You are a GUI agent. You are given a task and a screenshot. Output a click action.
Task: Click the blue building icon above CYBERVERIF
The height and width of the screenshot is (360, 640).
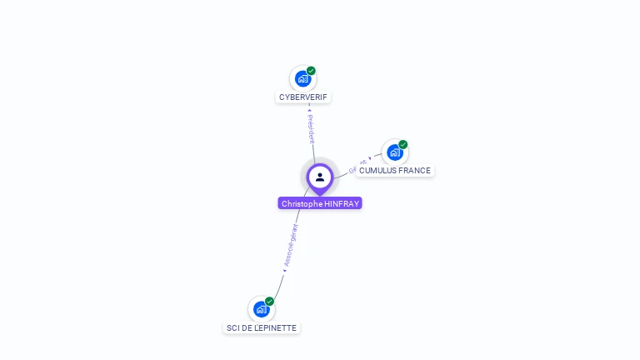coord(303,78)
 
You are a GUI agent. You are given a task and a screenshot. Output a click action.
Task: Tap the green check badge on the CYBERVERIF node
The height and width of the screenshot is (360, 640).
coord(311,71)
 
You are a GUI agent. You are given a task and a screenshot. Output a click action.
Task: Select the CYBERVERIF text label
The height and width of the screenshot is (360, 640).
coord(303,97)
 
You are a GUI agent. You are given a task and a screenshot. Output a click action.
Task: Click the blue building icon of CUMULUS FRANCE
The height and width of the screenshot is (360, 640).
coord(395,152)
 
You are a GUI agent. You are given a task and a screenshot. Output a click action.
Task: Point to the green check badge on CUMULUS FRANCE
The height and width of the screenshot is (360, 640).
coord(402,145)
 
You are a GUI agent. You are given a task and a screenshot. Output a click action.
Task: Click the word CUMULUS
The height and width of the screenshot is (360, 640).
coord(377,171)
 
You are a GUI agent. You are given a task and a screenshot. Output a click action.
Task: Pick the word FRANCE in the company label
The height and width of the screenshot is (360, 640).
coord(414,171)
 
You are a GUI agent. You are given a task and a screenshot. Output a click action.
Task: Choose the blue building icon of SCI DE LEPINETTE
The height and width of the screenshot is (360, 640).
coord(262,309)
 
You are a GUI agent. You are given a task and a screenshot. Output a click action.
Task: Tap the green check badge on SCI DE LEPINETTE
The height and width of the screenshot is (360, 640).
coord(269,302)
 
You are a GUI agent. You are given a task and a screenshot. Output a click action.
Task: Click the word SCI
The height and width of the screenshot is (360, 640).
coord(233,328)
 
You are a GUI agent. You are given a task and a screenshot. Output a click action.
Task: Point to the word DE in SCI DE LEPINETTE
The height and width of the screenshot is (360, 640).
coord(247,328)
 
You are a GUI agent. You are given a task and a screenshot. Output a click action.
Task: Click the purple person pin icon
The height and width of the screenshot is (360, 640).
coord(320,177)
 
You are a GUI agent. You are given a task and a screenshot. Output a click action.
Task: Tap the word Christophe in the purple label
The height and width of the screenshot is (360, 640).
coord(302,204)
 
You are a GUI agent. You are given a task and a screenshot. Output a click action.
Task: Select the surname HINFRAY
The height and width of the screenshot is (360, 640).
coord(342,204)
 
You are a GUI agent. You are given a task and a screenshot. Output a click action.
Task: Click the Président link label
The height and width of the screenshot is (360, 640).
coord(311,129)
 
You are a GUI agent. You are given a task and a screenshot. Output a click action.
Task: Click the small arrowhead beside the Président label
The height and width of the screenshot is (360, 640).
coord(309,109)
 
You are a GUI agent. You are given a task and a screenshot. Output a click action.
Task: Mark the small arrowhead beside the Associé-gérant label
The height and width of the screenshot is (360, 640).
coord(283,270)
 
